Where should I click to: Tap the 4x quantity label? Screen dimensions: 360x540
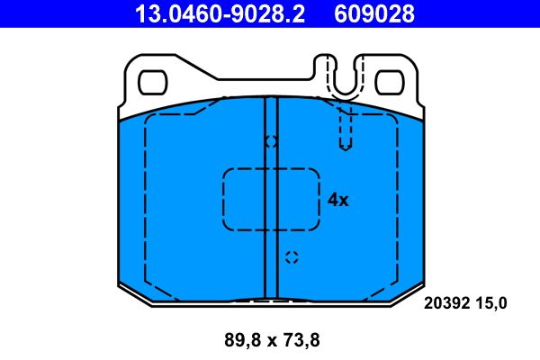pyautogui.click(x=337, y=200)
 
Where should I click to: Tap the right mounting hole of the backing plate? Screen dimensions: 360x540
pyautogui.click(x=389, y=84)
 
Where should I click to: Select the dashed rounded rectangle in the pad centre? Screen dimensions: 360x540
pyautogui.click(x=271, y=199)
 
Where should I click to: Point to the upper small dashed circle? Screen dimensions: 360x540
pyautogui.click(x=271, y=141)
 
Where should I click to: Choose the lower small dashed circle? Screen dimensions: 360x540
pyautogui.click(x=291, y=257)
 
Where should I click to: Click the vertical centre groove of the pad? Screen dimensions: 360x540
pyautogui.click(x=271, y=207)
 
